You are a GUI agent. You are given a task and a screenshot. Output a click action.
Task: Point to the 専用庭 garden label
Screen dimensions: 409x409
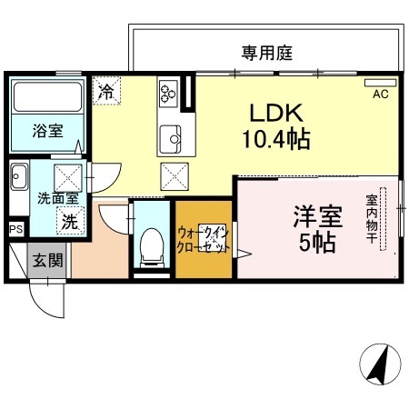coord(266,54)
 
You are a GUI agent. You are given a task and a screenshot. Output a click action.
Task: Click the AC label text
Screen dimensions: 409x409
coord(380,95)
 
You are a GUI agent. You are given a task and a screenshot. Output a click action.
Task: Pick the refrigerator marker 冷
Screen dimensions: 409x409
coord(106,90)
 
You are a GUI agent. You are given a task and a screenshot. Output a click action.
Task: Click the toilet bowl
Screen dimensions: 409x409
coord(151,246)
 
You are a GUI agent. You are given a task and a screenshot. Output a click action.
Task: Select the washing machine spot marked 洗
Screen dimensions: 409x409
coord(69,219)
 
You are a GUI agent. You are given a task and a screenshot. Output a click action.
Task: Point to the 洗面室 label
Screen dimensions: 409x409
coord(57,197)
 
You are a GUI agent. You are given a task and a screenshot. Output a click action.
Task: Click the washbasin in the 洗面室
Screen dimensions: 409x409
coord(19,177)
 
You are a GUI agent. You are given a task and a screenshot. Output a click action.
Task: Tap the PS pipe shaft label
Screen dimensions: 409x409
coord(15,230)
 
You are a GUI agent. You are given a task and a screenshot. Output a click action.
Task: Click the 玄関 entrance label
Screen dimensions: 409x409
coord(48,262)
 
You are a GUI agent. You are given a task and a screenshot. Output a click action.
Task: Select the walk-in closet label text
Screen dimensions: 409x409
coord(203,239)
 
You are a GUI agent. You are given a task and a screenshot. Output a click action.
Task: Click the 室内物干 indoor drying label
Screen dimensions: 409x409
coord(372,218)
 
